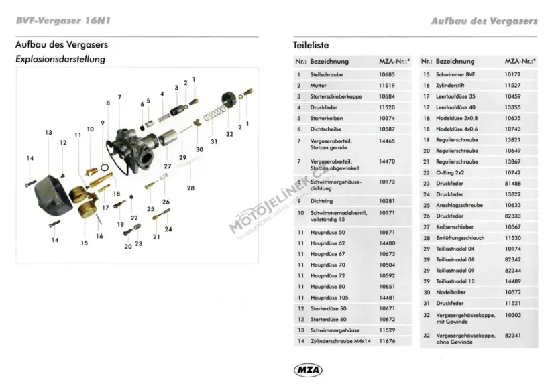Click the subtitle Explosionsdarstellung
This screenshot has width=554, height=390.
pyautogui.click(x=60, y=60)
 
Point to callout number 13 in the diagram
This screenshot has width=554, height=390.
pyautogui.click(x=48, y=133)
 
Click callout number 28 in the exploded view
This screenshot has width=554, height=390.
pyautogui.click(x=190, y=188)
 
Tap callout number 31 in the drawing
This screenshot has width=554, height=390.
pyautogui.click(x=214, y=141)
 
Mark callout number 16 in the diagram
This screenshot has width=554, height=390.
pyautogui.click(x=99, y=236)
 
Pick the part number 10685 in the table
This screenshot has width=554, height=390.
pyautogui.click(x=387, y=74)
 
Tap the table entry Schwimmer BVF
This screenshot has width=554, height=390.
pyautogui.click(x=455, y=74)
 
